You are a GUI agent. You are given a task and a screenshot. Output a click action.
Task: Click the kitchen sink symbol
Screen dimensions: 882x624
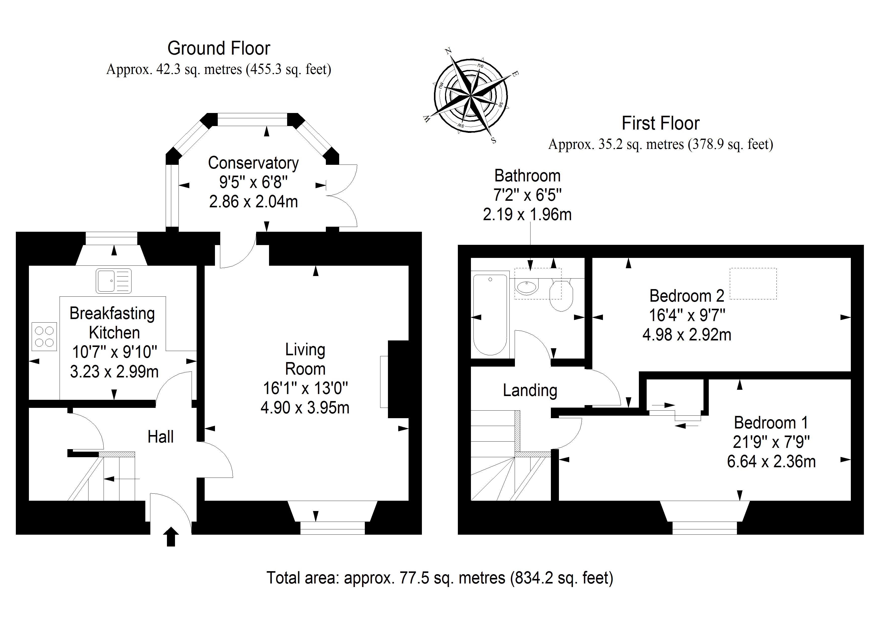click(114, 281)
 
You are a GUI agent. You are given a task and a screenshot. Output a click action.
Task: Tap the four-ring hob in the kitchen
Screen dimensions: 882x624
click(44, 336)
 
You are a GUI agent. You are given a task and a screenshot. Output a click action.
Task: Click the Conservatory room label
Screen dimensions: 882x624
click(253, 163)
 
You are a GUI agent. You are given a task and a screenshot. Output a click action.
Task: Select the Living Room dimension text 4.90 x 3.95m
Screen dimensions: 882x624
click(305, 408)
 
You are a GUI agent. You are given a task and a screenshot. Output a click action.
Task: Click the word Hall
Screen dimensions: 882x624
click(161, 437)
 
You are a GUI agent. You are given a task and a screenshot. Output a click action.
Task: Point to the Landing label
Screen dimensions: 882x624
click(530, 391)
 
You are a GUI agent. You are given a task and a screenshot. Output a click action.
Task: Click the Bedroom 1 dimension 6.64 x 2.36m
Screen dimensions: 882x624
click(771, 461)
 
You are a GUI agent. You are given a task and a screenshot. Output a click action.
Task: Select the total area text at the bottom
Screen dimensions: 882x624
click(440, 578)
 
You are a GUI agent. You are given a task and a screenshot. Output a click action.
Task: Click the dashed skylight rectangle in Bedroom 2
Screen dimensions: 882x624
click(753, 284)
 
